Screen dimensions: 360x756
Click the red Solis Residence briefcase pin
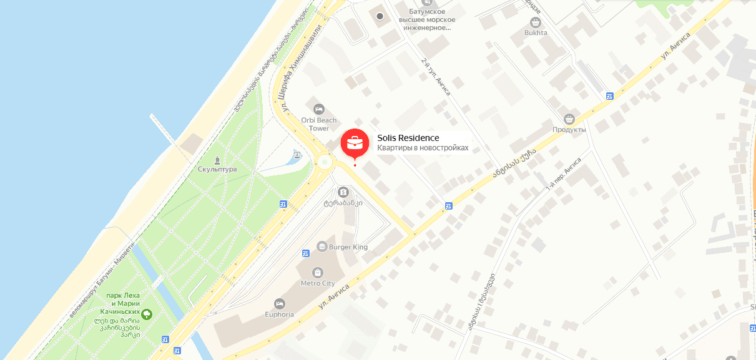click(355, 142)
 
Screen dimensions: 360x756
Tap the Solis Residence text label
click(408, 138)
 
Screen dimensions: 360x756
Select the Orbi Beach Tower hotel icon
click(320, 109)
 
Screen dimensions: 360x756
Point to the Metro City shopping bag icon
click(318, 272)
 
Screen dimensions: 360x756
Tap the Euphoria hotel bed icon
click(280, 303)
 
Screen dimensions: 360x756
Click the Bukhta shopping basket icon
click(536, 21)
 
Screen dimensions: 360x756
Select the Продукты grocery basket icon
click(569, 119)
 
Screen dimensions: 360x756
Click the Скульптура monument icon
click(217, 158)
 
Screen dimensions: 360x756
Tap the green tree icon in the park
click(147, 314)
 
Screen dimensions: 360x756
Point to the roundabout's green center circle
click(324, 162)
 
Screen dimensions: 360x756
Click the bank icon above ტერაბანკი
click(343, 192)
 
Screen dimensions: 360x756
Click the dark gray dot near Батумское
click(380, 16)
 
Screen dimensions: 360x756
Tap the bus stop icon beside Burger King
click(306, 253)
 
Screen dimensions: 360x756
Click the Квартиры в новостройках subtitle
click(423, 148)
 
